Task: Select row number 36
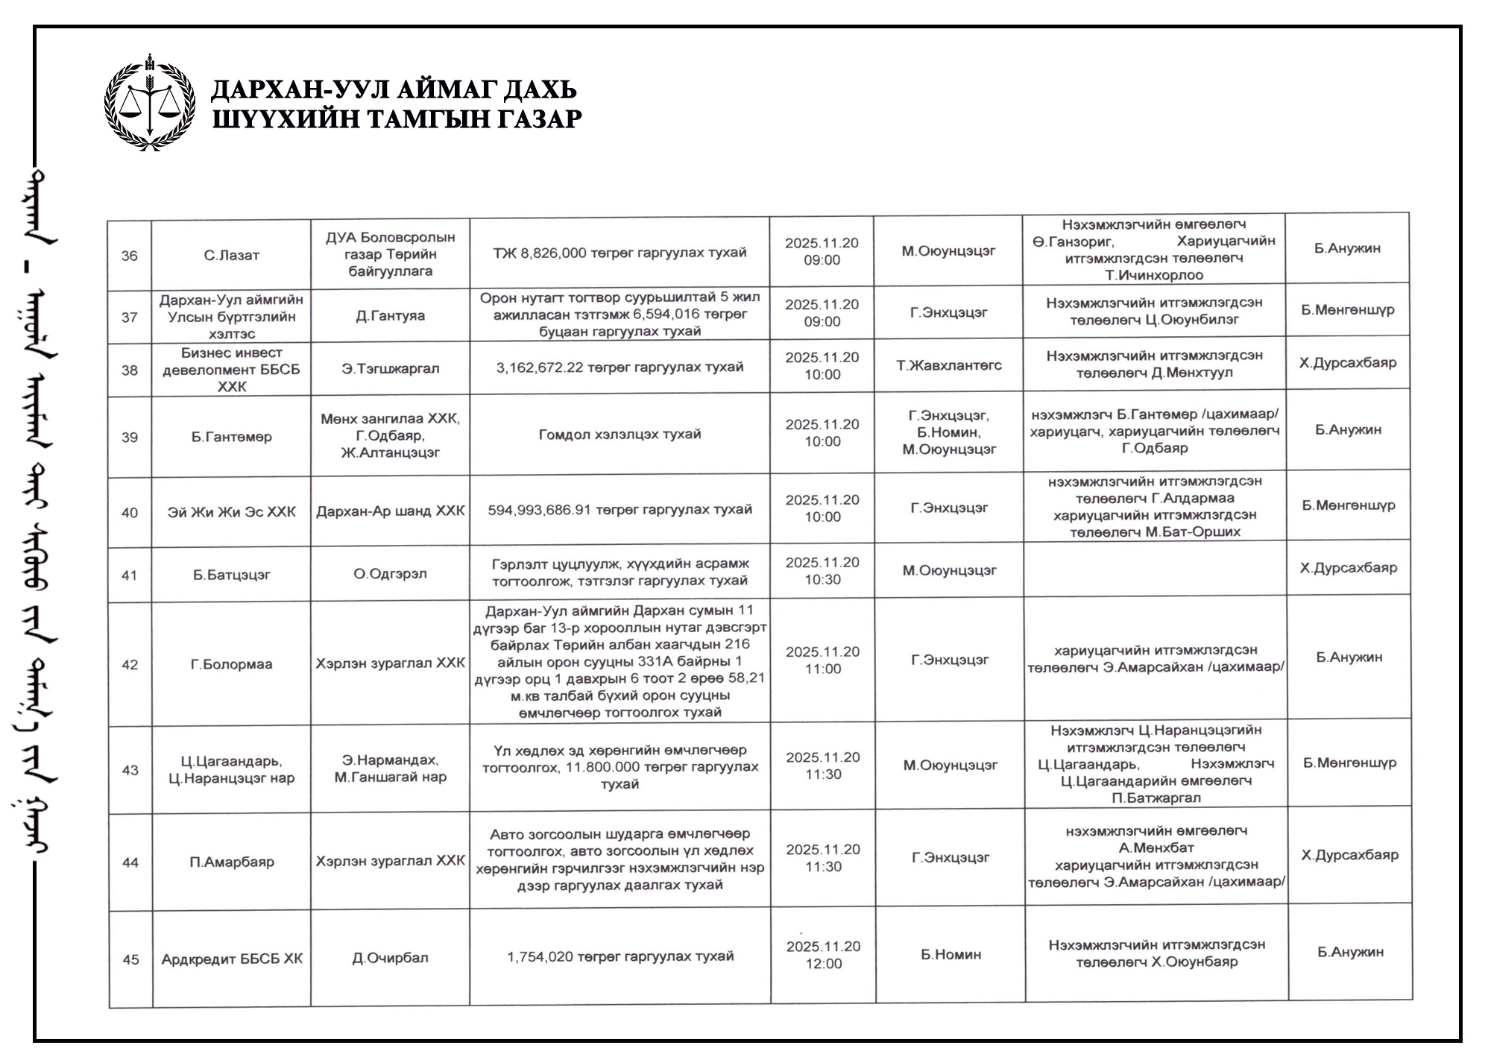tap(130, 256)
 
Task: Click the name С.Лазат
tap(231, 256)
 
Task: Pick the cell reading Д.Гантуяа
tap(390, 316)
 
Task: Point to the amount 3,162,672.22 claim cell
tap(620, 367)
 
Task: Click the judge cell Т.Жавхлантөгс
tap(948, 365)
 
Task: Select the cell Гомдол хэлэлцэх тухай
tap(620, 434)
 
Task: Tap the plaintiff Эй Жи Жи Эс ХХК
tap(231, 512)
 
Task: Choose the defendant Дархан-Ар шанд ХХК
tap(390, 511)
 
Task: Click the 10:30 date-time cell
tap(822, 571)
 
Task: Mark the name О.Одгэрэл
tap(390, 574)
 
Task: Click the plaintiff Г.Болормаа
tap(231, 663)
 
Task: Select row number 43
tap(130, 770)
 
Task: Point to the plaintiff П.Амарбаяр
tap(231, 862)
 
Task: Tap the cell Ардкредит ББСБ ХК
tap(232, 959)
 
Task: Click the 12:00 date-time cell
tap(823, 955)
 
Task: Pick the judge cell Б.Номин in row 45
tap(951, 955)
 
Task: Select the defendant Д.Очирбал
tap(390, 958)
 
